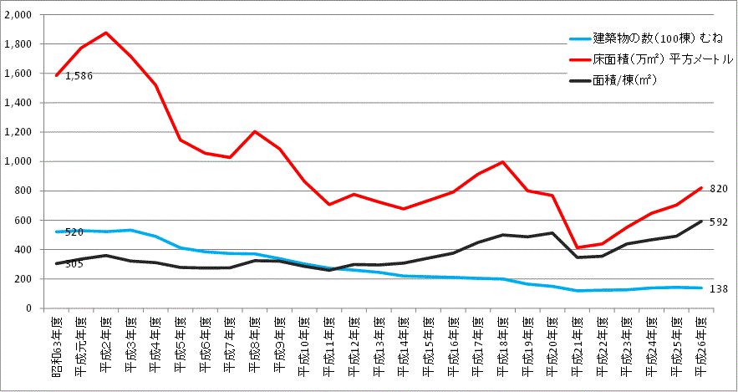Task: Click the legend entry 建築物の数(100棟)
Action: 649,38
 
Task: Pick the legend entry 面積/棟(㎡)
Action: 623,81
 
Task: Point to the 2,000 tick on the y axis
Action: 18,15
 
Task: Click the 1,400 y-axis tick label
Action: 18,103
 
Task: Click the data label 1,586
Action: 79,76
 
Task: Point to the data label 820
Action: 719,189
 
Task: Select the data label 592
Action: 719,222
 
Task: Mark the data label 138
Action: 719,288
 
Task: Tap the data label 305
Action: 74,264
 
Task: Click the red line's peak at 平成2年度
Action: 105,33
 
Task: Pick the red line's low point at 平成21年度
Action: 576,247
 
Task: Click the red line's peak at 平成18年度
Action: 502,162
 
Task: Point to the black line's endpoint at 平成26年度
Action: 700,221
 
